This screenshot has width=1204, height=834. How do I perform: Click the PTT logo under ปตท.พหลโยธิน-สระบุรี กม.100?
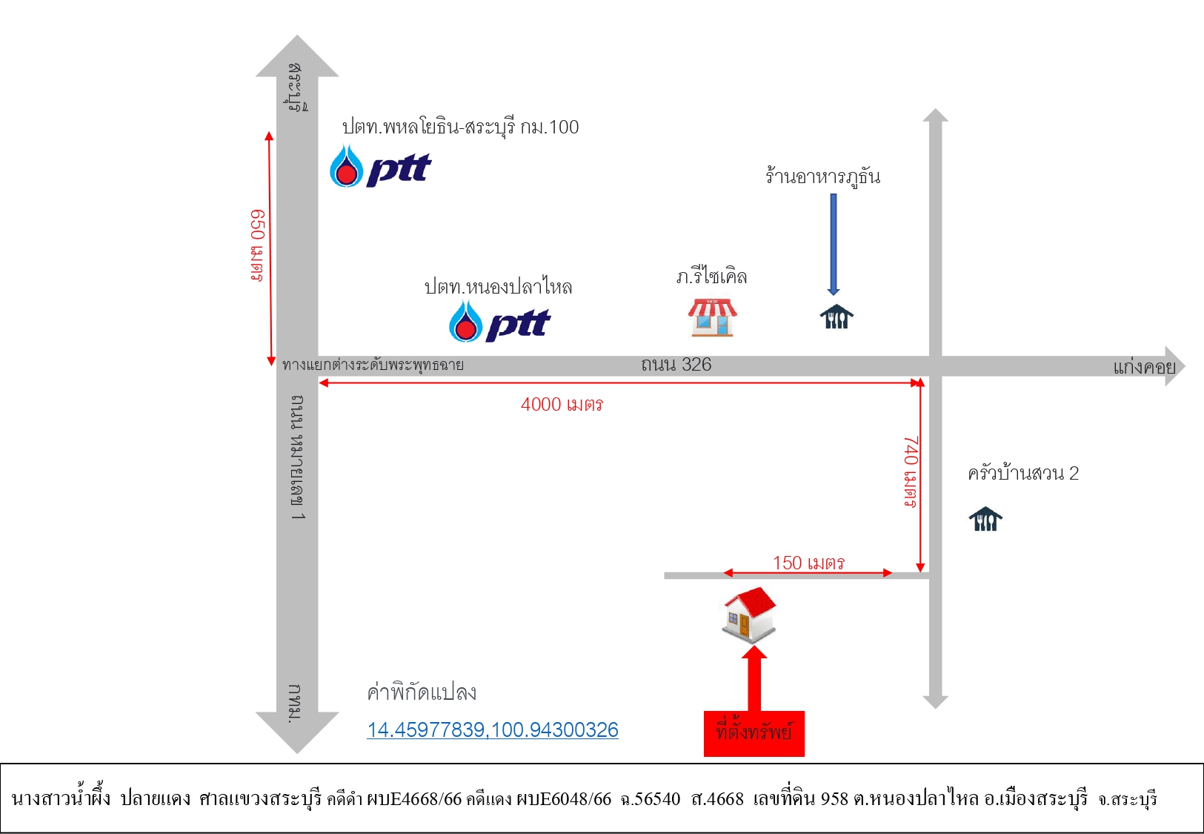pyautogui.click(x=380, y=166)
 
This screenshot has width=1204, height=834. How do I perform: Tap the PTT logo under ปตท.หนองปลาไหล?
pyautogui.click(x=499, y=322)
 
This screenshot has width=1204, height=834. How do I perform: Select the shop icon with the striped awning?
pyautogui.click(x=712, y=318)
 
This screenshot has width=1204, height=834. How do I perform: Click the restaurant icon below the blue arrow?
pyautogui.click(x=837, y=317)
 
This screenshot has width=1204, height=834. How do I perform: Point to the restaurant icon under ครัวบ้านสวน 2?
pyautogui.click(x=985, y=519)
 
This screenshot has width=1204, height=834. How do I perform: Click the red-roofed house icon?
pyautogui.click(x=749, y=615)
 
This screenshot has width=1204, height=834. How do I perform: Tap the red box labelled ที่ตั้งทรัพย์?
pyautogui.click(x=754, y=733)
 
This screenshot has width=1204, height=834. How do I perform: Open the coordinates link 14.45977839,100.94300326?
pyautogui.click(x=493, y=729)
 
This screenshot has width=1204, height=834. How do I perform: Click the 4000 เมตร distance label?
pyautogui.click(x=562, y=404)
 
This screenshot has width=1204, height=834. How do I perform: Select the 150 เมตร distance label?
pyautogui.click(x=808, y=563)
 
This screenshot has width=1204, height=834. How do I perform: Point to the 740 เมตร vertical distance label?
pyautogui.click(x=911, y=471)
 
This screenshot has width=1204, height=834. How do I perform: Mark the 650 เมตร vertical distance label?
pyautogui.click(x=257, y=245)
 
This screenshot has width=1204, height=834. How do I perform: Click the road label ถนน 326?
pyautogui.click(x=676, y=365)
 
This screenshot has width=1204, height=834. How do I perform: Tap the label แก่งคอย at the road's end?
pyautogui.click(x=1144, y=367)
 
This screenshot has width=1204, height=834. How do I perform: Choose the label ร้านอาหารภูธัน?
pyautogui.click(x=823, y=177)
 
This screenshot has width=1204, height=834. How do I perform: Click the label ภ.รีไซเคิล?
pyautogui.click(x=711, y=277)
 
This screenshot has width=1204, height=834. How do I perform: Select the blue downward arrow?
pyautogui.click(x=834, y=245)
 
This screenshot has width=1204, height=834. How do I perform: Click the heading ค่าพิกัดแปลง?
pyautogui.click(x=422, y=692)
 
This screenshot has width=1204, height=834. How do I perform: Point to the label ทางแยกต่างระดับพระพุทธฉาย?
pyautogui.click(x=373, y=365)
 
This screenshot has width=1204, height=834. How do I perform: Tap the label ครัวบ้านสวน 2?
pyautogui.click(x=1023, y=473)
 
